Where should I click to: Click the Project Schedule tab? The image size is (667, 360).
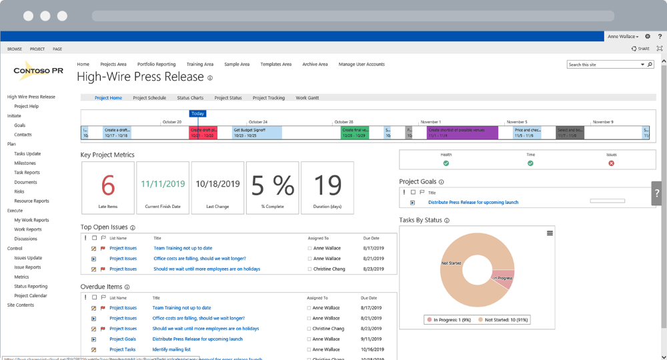(x=149, y=98)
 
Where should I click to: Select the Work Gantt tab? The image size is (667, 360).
(x=307, y=98)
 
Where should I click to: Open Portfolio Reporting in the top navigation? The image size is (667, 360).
(x=156, y=64)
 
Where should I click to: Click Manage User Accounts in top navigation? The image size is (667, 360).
(x=362, y=64)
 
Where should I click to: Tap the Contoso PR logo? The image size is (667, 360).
(x=39, y=71)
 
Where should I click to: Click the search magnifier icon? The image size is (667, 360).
(x=650, y=65)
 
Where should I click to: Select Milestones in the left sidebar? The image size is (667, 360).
(x=25, y=163)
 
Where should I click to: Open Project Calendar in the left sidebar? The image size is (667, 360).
(x=31, y=295)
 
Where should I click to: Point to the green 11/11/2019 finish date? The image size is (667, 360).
(x=163, y=183)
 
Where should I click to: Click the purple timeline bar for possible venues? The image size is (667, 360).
(x=462, y=132)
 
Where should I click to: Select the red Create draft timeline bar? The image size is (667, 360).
(x=203, y=132)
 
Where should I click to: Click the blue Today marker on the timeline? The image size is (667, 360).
(x=197, y=113)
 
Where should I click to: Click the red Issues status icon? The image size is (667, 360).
(x=611, y=163)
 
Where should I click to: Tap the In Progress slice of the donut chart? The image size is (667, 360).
(x=502, y=278)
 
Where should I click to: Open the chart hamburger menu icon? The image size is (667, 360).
(x=550, y=233)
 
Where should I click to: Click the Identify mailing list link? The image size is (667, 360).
(x=173, y=349)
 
